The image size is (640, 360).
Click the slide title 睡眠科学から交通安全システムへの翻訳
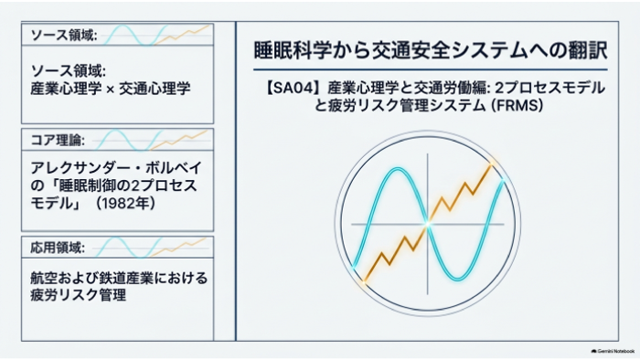tap(431, 50)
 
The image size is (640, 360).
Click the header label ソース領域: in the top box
tap(64, 36)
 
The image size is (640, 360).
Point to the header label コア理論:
tap(58, 140)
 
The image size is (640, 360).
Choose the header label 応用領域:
tap(58, 248)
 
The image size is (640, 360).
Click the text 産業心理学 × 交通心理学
tap(111, 89)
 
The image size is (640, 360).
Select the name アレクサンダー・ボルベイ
tap(116, 167)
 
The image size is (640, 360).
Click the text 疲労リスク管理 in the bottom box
tap(79, 295)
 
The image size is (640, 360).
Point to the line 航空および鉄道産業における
tap(119, 278)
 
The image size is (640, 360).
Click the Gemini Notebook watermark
tap(613, 351)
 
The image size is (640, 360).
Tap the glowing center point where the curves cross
tap(427, 224)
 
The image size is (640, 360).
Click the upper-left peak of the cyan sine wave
tap(396, 169)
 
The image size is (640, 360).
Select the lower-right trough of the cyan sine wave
tap(458, 280)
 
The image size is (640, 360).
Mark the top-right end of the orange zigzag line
tap(492, 164)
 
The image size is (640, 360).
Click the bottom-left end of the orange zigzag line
tap(364, 282)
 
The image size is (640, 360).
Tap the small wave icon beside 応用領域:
tap(150, 248)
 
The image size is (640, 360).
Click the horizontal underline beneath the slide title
tap(431, 69)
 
